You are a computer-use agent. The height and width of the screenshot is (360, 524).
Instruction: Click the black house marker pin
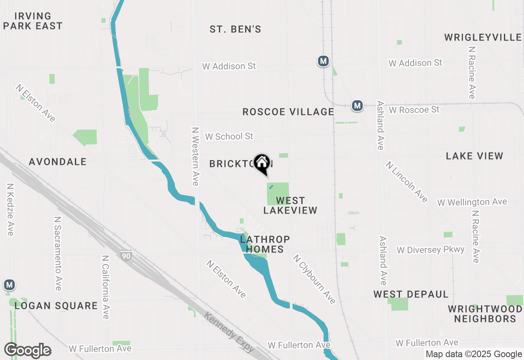click(262, 164)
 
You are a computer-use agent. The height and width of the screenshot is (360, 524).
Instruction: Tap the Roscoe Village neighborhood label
click(288, 112)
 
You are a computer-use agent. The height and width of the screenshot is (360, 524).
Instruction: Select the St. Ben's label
click(235, 29)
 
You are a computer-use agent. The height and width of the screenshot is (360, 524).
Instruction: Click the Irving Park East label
click(33, 21)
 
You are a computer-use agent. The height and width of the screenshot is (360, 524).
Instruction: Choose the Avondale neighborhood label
click(58, 162)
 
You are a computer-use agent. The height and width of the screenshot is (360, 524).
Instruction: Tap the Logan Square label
click(56, 306)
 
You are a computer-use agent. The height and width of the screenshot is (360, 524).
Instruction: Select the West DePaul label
click(411, 295)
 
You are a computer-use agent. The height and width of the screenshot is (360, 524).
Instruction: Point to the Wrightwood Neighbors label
click(485, 314)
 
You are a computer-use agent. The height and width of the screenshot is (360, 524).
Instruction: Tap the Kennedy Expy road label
click(229, 333)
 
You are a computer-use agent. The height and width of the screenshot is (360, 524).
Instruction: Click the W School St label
click(229, 136)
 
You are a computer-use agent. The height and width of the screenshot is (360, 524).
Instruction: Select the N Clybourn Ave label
click(314, 279)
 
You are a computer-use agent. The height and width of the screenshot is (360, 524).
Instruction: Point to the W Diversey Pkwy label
click(431, 250)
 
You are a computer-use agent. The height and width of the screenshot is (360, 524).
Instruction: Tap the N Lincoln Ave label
click(407, 182)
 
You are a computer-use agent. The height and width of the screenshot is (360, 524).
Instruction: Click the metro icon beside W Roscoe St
click(357, 106)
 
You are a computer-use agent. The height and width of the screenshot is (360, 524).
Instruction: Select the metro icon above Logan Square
click(9, 285)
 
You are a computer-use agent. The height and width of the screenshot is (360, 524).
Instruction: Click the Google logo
click(28, 351)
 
